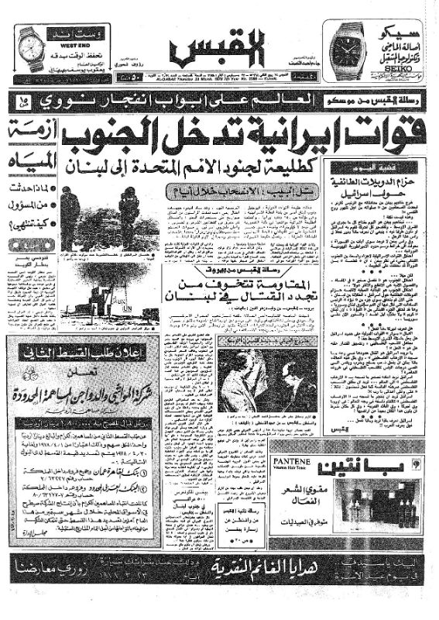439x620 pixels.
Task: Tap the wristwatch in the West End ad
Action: [x=30, y=46]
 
